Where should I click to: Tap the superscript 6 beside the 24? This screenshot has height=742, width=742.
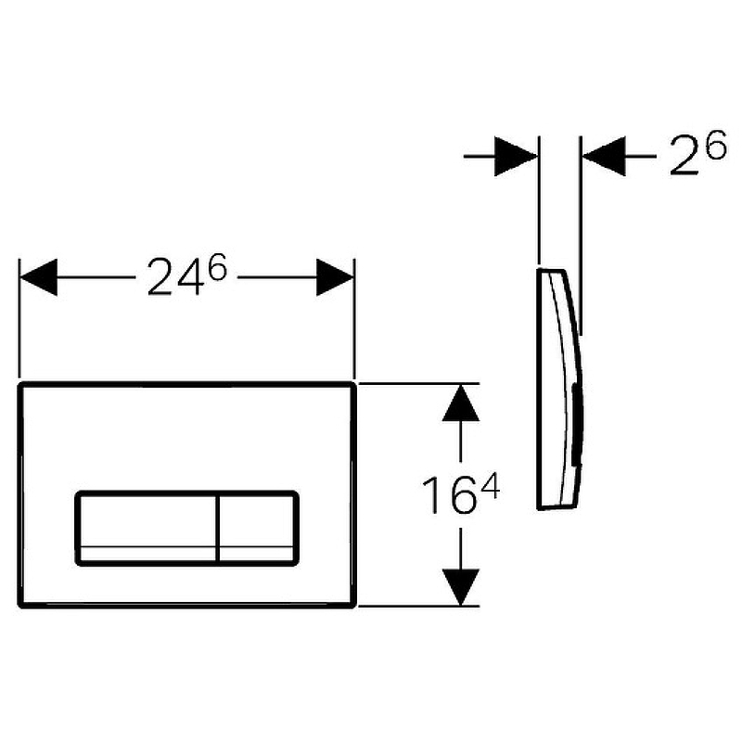point(218,267)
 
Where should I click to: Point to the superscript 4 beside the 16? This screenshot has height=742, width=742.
point(490,488)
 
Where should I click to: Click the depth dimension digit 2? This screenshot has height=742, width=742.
point(686,157)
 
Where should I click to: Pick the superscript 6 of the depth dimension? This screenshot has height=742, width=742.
point(716,146)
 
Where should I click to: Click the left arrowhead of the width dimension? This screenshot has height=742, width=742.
point(38,277)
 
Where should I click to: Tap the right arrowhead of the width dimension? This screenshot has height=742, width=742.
point(335,277)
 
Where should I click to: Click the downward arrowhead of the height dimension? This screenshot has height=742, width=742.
point(460,587)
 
